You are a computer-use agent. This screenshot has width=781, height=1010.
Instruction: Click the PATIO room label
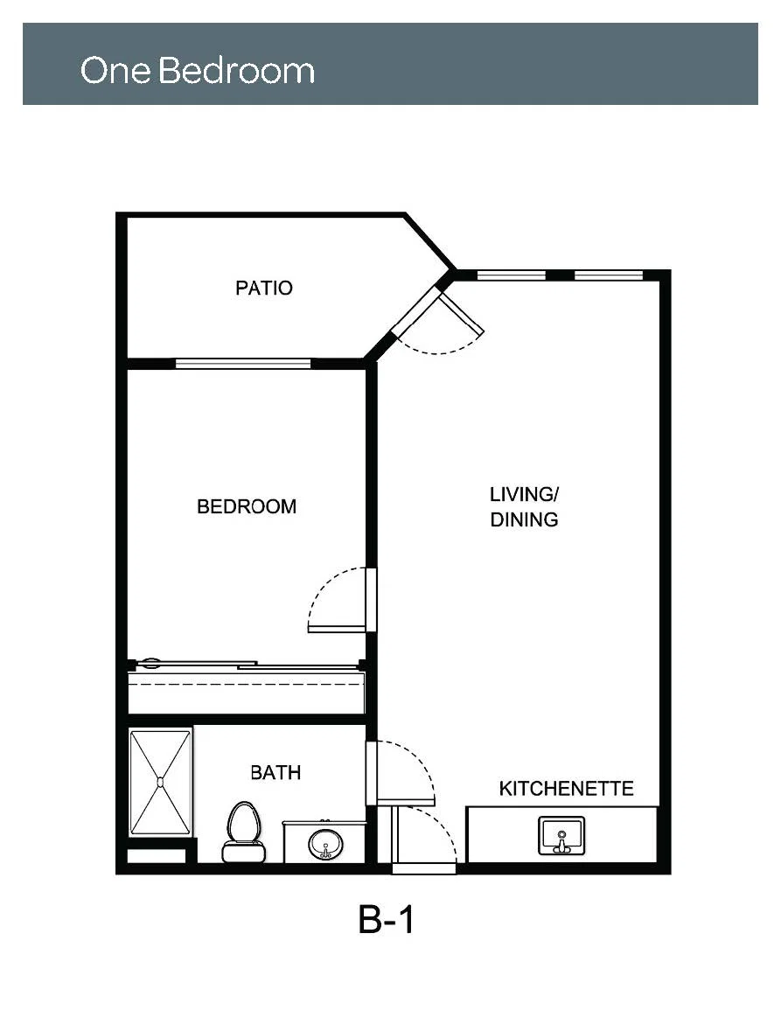click(263, 288)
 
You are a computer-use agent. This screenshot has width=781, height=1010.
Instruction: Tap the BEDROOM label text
click(247, 507)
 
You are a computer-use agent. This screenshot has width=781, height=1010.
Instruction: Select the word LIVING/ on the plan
click(524, 495)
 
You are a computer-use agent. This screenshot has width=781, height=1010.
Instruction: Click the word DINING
click(524, 519)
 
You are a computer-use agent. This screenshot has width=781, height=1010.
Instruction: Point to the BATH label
click(275, 772)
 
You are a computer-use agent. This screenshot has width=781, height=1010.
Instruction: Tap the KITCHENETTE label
click(567, 789)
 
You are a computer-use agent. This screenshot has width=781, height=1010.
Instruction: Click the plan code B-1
click(386, 919)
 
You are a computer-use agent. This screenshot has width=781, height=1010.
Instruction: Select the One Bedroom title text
click(197, 70)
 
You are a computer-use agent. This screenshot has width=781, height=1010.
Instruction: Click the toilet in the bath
click(244, 832)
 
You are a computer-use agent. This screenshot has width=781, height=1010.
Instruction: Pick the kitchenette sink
click(561, 835)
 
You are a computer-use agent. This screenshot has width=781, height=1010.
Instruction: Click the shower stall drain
click(160, 782)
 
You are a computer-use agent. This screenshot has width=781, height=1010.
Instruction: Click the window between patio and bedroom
click(243, 363)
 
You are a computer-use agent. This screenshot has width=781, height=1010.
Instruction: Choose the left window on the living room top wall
click(512, 275)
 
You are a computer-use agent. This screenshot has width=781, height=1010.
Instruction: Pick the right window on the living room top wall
click(609, 275)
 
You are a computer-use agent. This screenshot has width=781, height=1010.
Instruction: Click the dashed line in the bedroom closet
click(247, 684)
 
